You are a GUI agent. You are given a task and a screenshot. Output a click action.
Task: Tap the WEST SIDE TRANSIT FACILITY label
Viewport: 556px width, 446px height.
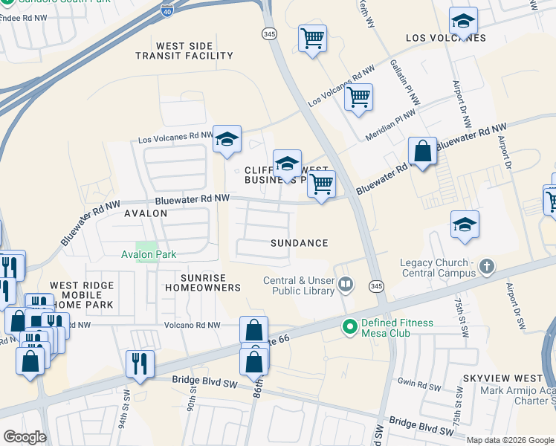coord(195,51)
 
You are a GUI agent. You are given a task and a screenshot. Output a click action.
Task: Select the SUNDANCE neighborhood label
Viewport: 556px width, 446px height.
coord(299,243)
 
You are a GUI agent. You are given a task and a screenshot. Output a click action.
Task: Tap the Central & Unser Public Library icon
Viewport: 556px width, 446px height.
coord(346,284)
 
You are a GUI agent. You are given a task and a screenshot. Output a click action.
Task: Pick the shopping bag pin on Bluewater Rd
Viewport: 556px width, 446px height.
coord(422,152)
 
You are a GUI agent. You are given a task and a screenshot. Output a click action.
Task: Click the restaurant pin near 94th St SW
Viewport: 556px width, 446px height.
coord(140,363)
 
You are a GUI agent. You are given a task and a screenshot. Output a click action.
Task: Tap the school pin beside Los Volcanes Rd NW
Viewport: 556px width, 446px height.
coord(227,139)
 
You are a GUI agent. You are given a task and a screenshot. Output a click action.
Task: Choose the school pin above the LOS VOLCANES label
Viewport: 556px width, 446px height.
coord(463,21)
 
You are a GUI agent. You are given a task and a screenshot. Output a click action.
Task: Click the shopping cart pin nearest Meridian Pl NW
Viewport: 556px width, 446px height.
coord(358,97)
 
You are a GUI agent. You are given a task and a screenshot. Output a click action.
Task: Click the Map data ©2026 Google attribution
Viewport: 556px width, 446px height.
coord(510,440)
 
